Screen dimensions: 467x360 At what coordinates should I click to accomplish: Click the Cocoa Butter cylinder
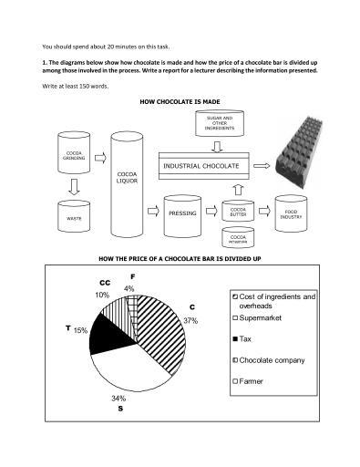pyautogui.click(x=238, y=213)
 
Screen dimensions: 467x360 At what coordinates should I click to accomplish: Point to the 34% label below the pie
pyautogui.click(x=118, y=399)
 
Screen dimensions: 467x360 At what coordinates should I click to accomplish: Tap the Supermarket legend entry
pyautogui.click(x=264, y=317)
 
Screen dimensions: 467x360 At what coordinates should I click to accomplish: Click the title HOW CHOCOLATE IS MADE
pyautogui.click(x=179, y=102)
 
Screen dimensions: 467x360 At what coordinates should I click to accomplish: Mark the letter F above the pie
pyautogui.click(x=133, y=275)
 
